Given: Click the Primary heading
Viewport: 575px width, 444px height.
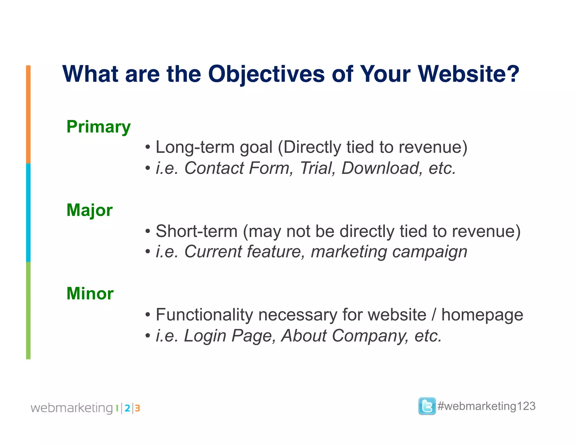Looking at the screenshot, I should (98, 127).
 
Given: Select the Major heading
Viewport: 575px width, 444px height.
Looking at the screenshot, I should (89, 210).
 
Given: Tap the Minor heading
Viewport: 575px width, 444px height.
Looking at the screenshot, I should (90, 294).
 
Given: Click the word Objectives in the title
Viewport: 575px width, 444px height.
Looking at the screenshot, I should (266, 74).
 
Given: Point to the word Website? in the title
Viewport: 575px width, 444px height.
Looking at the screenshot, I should (468, 74).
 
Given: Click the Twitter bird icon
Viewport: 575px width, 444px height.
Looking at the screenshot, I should (427, 406).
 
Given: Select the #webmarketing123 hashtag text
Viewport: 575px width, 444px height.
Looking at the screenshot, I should (486, 406).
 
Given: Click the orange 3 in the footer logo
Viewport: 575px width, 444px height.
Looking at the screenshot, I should (137, 408).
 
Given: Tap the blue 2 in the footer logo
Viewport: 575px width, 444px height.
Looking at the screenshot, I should (127, 408).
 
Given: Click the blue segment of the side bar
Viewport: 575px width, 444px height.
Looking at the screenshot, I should (28, 212).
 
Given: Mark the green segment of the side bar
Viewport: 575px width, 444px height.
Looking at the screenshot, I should (28, 310).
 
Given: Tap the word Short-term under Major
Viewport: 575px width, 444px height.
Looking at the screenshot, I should (197, 231).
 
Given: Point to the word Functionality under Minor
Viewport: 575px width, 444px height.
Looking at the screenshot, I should (204, 315).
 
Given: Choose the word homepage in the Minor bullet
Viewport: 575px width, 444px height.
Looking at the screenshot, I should (482, 315).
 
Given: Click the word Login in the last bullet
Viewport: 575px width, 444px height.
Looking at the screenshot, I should (205, 336).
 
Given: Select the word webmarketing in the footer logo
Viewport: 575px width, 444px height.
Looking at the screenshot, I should (72, 408).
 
